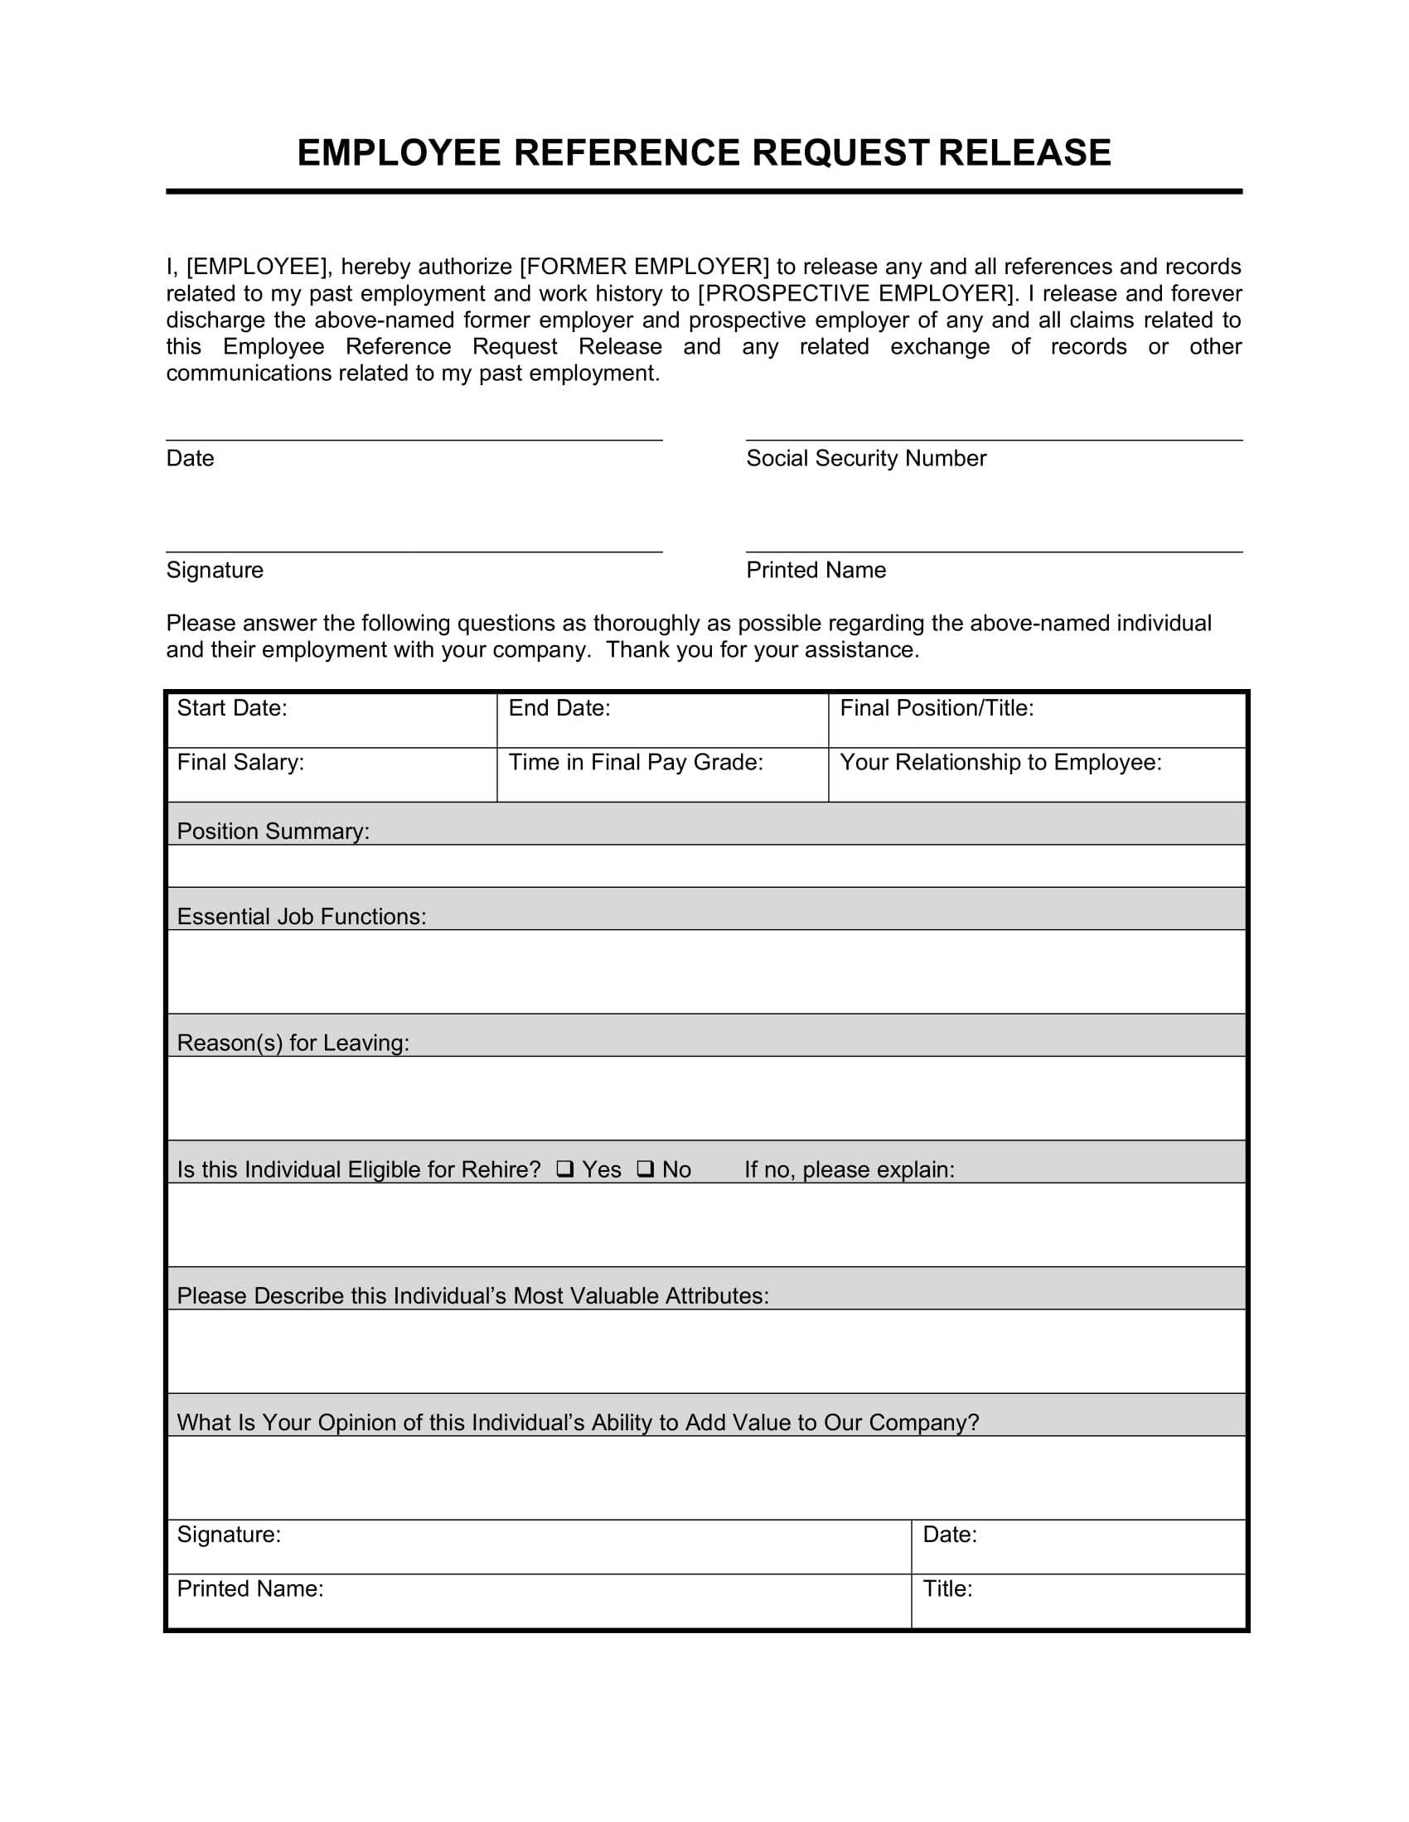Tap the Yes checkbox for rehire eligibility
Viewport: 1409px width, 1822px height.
coord(565,1169)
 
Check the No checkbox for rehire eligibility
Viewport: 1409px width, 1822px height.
coord(645,1169)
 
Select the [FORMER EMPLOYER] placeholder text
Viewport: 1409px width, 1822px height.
coord(644,267)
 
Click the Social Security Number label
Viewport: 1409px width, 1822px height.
coord(865,458)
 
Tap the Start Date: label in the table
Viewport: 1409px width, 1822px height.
coord(232,708)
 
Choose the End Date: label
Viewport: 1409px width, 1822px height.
coord(559,708)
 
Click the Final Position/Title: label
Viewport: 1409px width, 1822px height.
coord(937,708)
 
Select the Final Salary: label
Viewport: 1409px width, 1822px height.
coord(240,763)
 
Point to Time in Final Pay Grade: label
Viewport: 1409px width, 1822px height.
coord(636,763)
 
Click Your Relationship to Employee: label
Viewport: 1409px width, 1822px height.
coord(1000,763)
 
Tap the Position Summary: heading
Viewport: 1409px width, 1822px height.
coord(273,831)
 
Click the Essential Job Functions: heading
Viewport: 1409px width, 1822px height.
coord(302,917)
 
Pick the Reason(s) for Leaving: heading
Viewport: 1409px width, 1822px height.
coord(293,1043)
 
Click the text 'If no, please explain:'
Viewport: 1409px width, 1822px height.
coord(849,1169)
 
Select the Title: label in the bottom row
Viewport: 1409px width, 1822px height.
coord(947,1588)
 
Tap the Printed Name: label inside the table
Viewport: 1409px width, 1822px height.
coord(249,1588)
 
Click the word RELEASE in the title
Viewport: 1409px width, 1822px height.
coord(1024,153)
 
